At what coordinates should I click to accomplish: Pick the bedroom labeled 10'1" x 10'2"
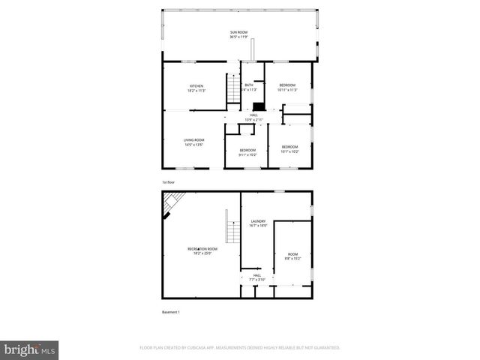coord(289,148)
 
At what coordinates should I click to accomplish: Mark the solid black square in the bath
coord(259,106)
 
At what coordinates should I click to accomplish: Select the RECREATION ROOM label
coord(202,250)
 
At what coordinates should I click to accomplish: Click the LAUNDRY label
coord(258,223)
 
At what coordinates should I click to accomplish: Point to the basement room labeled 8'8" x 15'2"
coord(292,256)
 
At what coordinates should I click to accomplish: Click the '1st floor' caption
coord(169,182)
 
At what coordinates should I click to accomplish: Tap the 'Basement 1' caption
coord(171,311)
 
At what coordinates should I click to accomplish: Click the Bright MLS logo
coord(30,349)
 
